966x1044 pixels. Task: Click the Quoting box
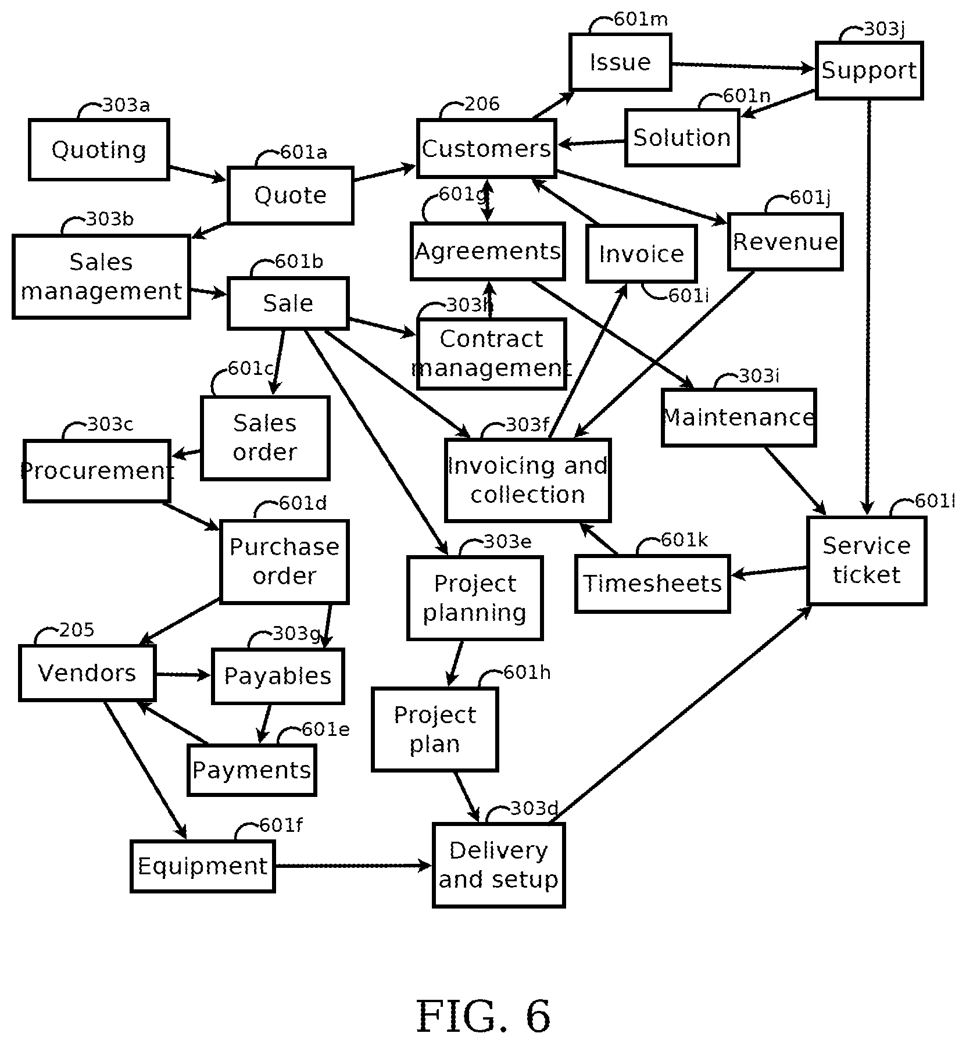99,150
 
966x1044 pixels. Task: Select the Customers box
486,148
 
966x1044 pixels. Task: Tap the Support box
869,70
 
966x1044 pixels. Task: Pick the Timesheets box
652,584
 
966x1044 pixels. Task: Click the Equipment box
202,866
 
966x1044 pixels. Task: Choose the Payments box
252,770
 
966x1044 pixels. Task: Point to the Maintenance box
739,417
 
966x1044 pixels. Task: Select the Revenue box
785,241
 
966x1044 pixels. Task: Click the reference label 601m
641,19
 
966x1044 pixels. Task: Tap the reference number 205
77,630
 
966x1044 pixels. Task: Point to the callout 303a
126,105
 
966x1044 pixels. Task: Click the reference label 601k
685,540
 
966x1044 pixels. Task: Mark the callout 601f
281,825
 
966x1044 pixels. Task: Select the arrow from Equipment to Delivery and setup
353,866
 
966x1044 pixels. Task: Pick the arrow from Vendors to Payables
184,675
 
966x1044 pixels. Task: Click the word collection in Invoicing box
528,495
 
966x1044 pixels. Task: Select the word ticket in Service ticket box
867,575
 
